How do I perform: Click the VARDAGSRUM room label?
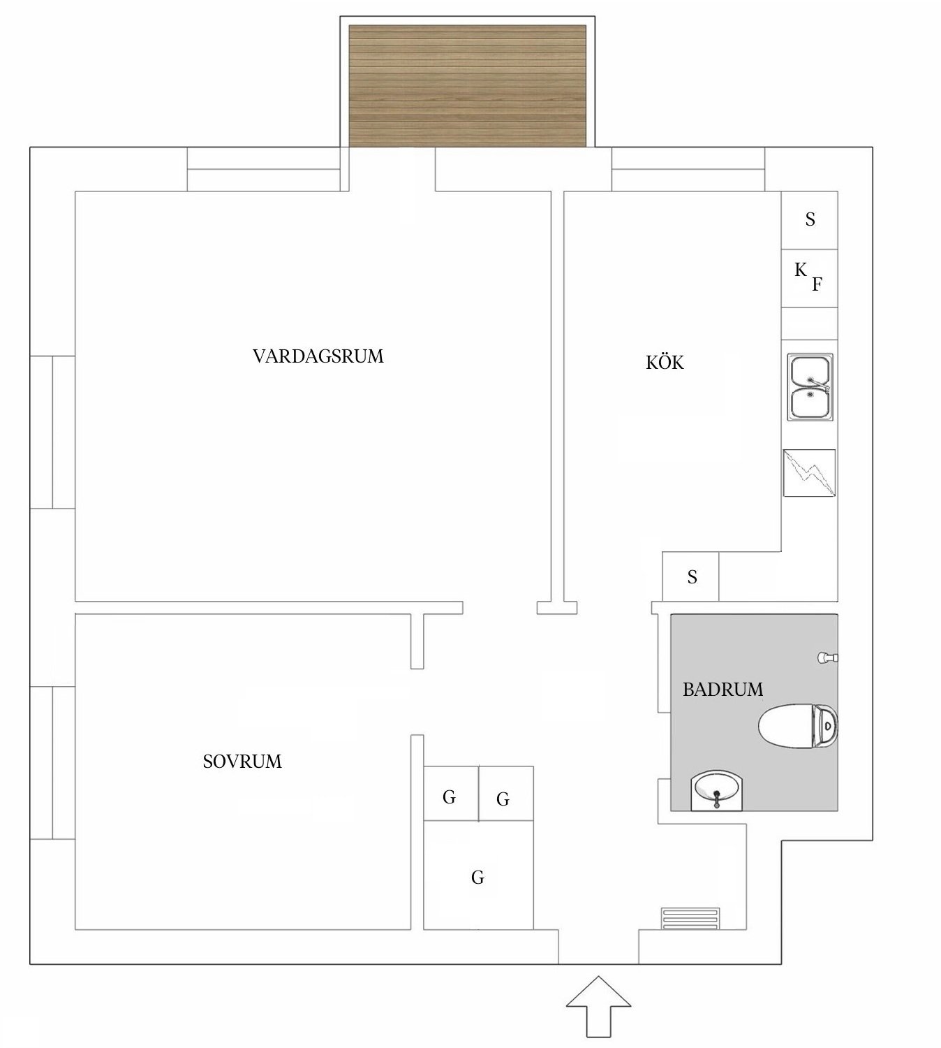[318, 356]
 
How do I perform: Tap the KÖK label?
[665, 363]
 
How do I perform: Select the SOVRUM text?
[242, 761]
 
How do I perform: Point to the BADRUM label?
[723, 690]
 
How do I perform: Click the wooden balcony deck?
[467, 86]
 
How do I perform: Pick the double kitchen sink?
[810, 387]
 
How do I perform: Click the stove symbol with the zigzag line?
[809, 473]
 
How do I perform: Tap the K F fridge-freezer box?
[809, 278]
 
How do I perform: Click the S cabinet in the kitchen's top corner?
[809, 219]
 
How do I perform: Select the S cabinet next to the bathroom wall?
[690, 576]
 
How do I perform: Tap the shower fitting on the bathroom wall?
[827, 657]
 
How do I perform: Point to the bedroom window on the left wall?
[52, 762]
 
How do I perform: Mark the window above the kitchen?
[688, 169]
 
